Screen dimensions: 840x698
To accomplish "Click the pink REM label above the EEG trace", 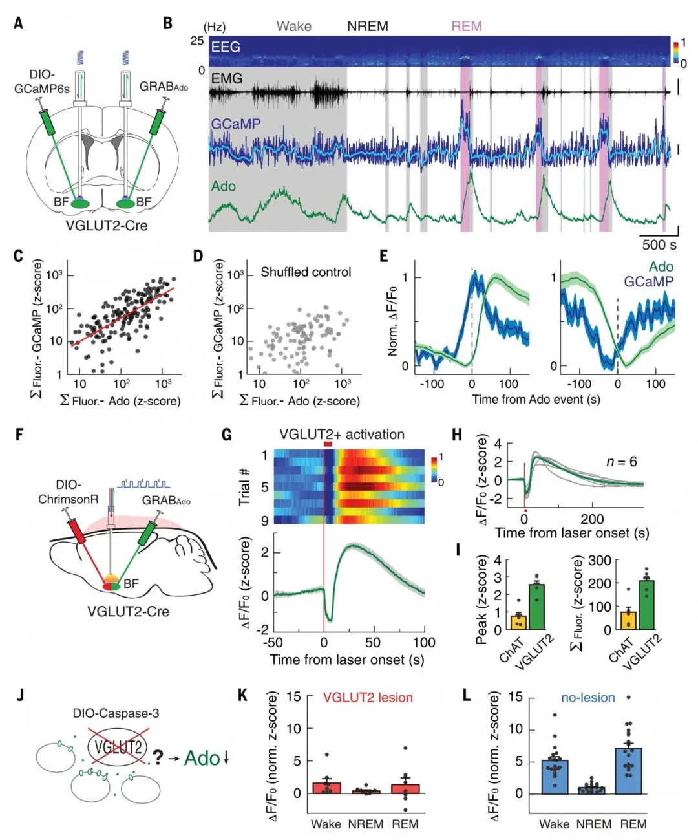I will [466, 26].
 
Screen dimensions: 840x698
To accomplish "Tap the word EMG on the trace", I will [227, 78].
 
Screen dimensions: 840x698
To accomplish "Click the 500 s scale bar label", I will [659, 245].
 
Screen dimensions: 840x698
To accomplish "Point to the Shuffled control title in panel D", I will [306, 272].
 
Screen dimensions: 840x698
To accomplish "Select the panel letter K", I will [243, 695].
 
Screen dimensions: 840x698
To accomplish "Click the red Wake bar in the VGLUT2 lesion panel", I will [326, 787].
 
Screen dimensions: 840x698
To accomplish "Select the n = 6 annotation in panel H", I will [621, 462].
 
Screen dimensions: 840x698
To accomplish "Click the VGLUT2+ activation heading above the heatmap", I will [342, 435].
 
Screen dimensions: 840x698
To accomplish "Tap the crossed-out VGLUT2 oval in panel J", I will [118, 749].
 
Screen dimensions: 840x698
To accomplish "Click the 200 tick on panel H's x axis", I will [592, 519].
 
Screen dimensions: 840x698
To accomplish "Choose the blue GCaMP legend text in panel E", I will [648, 281].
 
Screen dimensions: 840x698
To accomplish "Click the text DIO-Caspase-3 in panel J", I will [116, 713].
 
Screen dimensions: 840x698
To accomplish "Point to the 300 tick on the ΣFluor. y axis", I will [599, 560].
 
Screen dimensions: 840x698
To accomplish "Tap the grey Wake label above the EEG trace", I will [294, 26].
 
